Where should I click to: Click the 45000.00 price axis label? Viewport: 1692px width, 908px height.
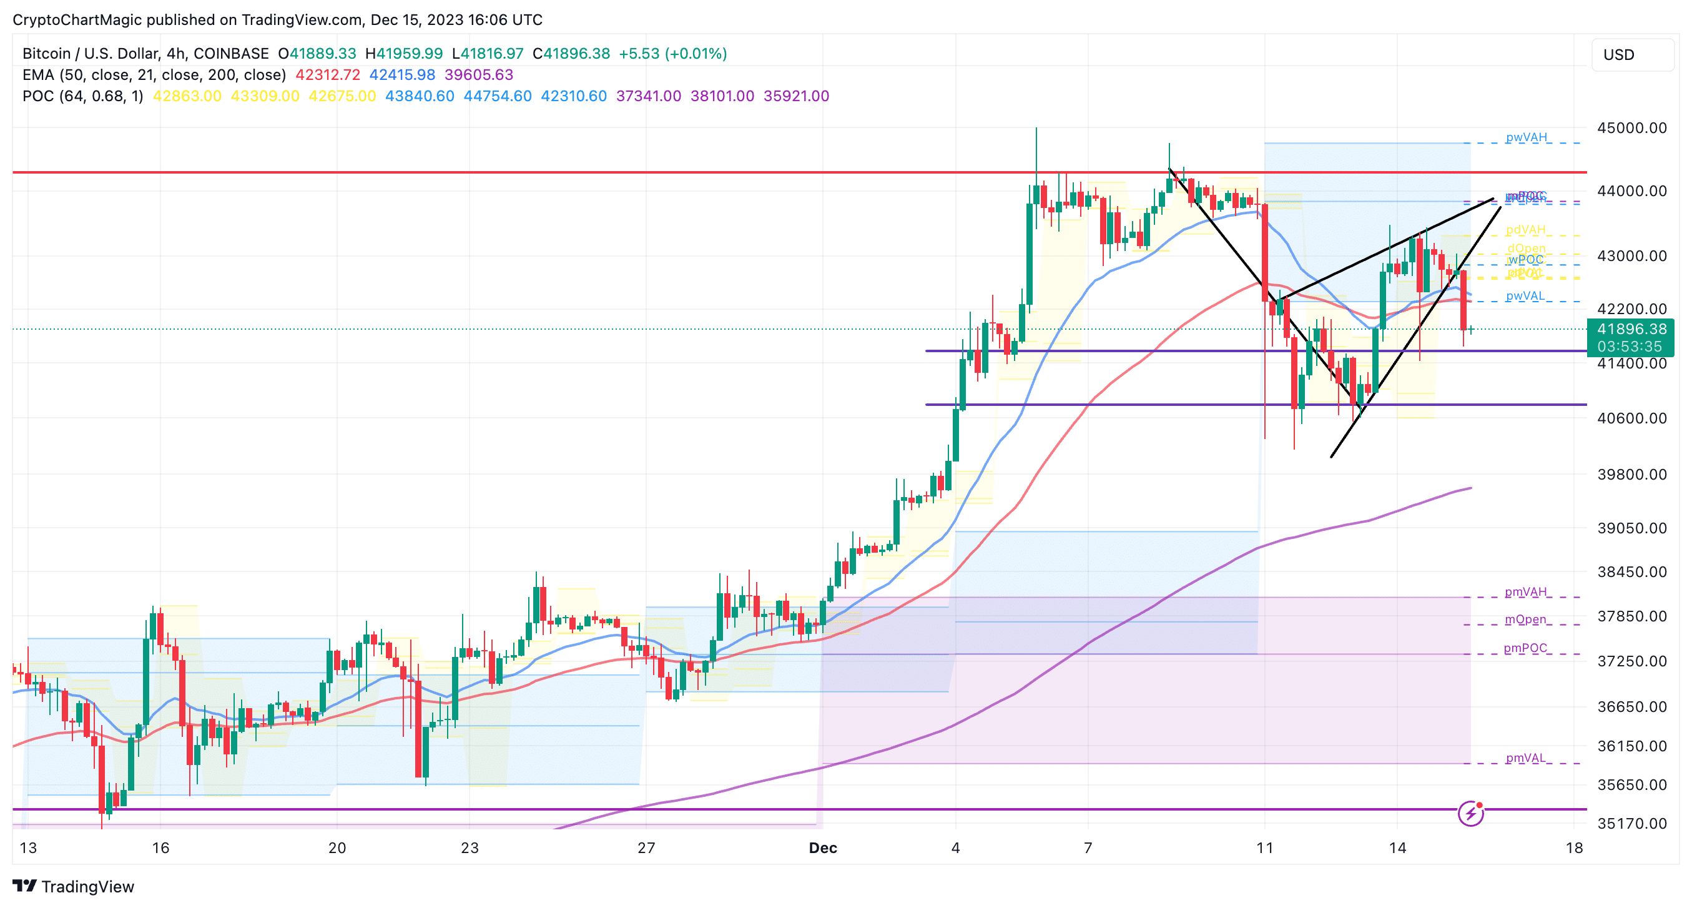[1631, 127]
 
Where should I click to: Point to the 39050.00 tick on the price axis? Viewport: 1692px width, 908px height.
[1631, 528]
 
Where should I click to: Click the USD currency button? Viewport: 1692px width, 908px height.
[1618, 54]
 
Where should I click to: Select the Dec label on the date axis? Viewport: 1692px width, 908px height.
[822, 847]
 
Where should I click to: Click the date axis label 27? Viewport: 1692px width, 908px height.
[646, 847]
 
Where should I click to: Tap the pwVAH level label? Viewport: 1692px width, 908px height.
[1526, 137]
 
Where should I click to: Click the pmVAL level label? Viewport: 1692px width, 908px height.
[1525, 757]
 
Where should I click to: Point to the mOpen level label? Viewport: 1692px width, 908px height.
[1525, 619]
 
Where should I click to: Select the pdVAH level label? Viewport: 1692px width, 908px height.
[1525, 229]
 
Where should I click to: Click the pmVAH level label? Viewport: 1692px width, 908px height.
[1525, 591]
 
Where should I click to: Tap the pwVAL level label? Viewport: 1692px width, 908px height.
[1525, 295]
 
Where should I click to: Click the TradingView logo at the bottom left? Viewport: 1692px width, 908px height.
[74, 886]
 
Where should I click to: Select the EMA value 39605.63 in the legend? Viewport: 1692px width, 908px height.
[478, 75]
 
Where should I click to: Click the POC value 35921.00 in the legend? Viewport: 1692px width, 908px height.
[795, 96]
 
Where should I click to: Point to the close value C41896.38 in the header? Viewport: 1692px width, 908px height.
[571, 53]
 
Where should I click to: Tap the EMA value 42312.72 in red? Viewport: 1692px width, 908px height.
[327, 75]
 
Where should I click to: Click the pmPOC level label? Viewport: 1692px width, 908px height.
[1525, 648]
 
